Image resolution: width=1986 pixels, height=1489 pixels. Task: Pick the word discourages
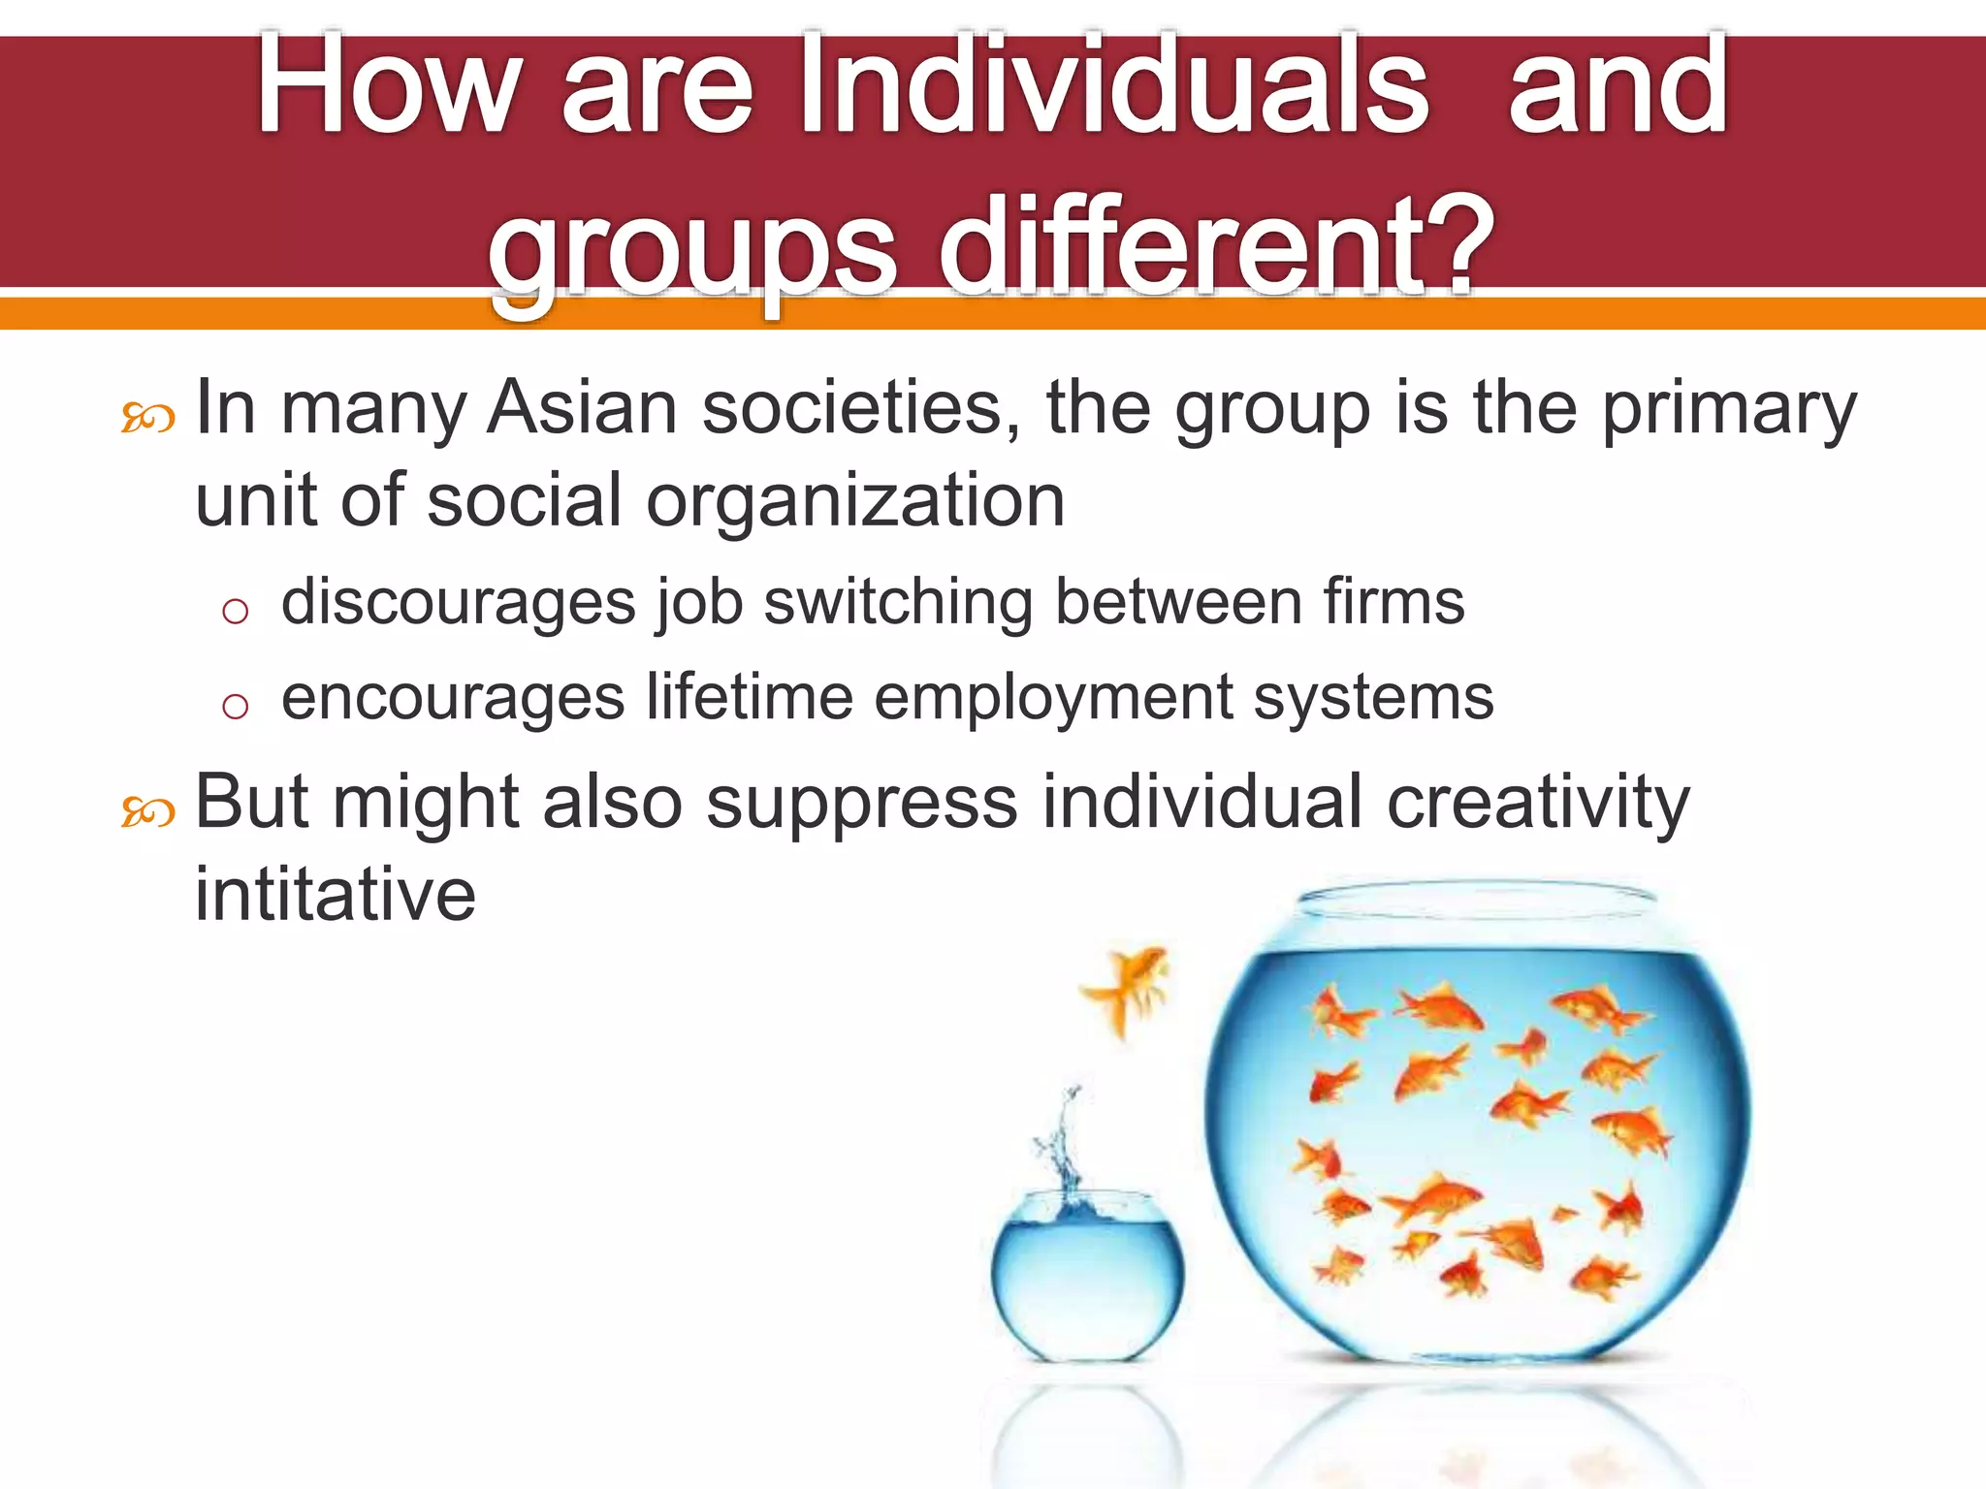[458, 603]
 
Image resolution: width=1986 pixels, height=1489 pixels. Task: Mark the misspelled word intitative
[336, 894]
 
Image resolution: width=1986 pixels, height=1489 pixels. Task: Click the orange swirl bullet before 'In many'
[147, 419]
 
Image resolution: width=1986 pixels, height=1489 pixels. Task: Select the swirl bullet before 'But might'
[147, 812]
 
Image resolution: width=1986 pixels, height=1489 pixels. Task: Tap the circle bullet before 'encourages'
[235, 706]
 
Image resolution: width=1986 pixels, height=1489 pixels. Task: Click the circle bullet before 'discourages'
[235, 611]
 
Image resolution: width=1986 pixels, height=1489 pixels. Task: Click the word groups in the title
[692, 247]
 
